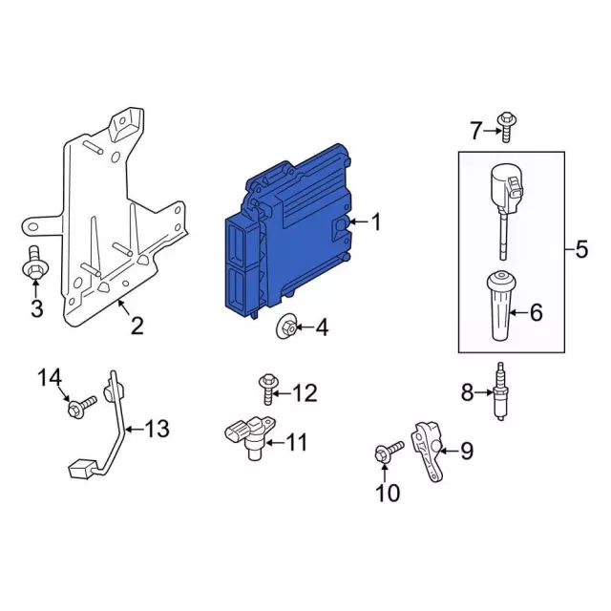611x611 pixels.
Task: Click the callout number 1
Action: pyautogui.click(x=376, y=222)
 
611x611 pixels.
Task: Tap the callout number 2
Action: pyautogui.click(x=137, y=326)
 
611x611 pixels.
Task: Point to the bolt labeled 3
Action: pyautogui.click(x=34, y=263)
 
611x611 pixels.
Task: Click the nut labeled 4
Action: pyautogui.click(x=286, y=327)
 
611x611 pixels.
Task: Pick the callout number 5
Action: pyautogui.click(x=581, y=249)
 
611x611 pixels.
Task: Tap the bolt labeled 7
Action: pyautogui.click(x=505, y=127)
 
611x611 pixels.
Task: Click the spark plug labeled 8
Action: pyautogui.click(x=500, y=390)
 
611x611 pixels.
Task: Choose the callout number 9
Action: pyautogui.click(x=467, y=451)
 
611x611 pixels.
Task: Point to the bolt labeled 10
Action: pyautogui.click(x=389, y=452)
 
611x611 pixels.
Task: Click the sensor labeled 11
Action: pyautogui.click(x=250, y=436)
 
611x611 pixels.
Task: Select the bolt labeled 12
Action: pyautogui.click(x=268, y=389)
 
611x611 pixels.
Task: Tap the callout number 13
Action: pyautogui.click(x=157, y=429)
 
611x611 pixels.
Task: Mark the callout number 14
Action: pyautogui.click(x=50, y=378)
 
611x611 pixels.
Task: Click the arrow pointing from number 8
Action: pyautogui.click(x=484, y=392)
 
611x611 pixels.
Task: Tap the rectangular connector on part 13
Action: pyautogui.click(x=82, y=469)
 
